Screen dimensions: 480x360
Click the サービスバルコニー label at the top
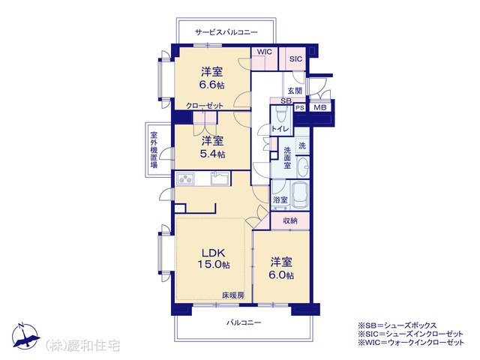point(226,32)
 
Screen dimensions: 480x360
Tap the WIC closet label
point(265,52)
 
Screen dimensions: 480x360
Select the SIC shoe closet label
point(295,59)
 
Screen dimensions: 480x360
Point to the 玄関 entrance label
point(295,91)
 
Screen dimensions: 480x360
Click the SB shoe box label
point(286,100)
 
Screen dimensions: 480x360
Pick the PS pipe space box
point(300,108)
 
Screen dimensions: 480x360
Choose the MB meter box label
point(320,107)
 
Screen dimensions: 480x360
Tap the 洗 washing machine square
point(302,145)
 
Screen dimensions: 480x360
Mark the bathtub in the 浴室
point(300,195)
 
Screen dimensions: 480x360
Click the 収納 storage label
point(290,220)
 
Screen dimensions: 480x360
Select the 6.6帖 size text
point(211,85)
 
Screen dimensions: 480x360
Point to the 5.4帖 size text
point(212,154)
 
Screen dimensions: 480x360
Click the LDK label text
point(213,253)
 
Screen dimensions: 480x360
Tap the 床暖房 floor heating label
point(233,295)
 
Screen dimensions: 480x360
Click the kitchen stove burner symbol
point(185,178)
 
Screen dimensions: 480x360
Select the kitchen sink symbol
point(220,178)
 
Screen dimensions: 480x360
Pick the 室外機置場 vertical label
point(154,150)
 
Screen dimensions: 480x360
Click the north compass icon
point(25,336)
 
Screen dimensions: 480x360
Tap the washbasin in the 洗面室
point(303,167)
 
